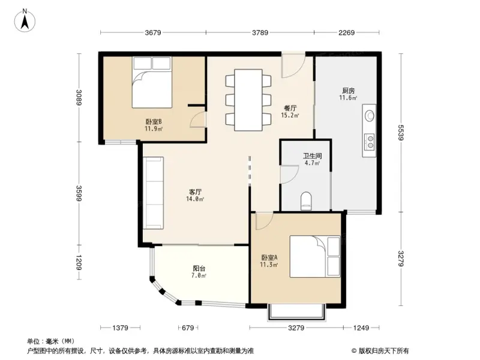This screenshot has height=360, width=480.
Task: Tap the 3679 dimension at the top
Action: coord(154,33)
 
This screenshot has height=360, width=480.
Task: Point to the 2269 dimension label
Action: coord(346,33)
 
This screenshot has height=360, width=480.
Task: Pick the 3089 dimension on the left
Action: coord(78,97)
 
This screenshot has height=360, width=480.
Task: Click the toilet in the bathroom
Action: coord(307,200)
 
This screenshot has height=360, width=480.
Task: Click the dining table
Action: coord(248,100)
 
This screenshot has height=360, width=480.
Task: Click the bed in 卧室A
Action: coord(316,256)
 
